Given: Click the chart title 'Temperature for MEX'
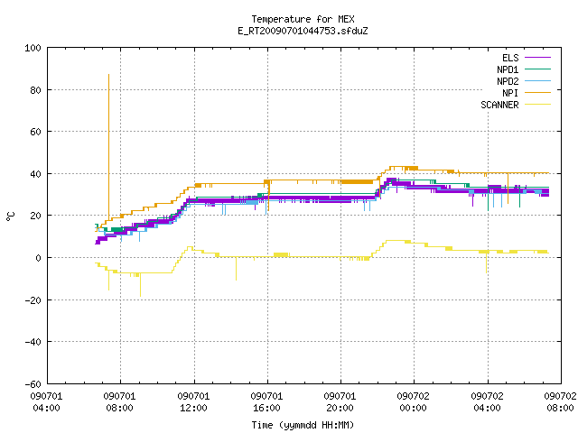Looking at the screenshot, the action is tap(303, 19).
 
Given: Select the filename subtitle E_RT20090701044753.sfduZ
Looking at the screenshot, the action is tap(303, 31).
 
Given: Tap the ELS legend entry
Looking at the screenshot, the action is tap(527, 58).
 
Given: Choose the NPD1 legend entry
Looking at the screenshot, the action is tap(524, 69).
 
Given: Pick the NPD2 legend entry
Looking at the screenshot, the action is tap(524, 81).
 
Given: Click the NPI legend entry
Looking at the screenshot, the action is tap(527, 93).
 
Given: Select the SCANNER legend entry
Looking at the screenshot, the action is tap(516, 105).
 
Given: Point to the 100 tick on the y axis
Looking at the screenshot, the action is tap(33, 48).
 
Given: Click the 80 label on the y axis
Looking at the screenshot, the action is tap(36, 90).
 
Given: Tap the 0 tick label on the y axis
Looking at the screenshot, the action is tap(38, 258).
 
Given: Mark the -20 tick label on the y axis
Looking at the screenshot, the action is tap(33, 300).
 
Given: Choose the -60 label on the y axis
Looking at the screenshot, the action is tap(33, 384).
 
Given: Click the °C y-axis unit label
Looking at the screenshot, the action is tap(11, 216).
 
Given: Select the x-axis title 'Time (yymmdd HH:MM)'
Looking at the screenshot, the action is tap(303, 425).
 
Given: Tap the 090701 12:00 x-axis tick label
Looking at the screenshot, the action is tap(193, 401).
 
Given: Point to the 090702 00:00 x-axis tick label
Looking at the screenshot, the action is tap(414, 401).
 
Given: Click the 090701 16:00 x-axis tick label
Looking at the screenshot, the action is tap(266, 401).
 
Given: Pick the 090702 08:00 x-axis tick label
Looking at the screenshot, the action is tap(560, 401).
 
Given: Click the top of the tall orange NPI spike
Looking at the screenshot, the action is tap(108, 75).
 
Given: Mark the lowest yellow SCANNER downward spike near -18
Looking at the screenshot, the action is tap(140, 296).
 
